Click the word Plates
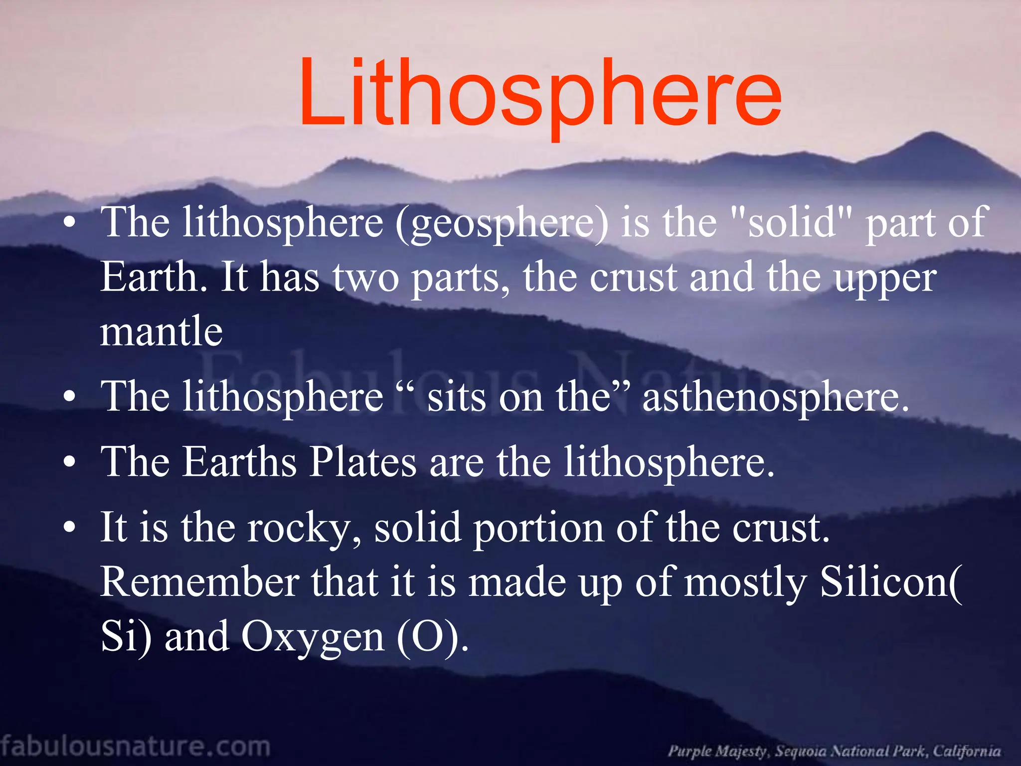pos(363,462)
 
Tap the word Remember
pos(199,582)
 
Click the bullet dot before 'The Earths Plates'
pos(70,462)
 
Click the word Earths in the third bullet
pos(239,462)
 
